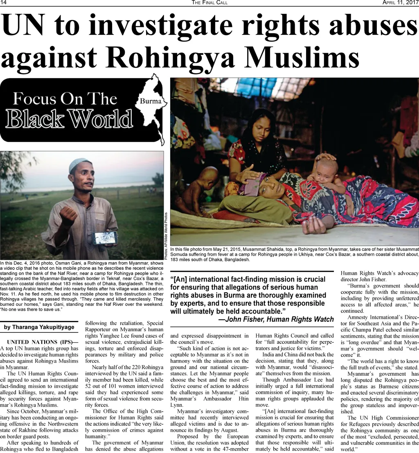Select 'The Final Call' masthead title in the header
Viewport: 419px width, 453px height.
coord(209,3)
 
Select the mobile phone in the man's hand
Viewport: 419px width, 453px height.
coord(105,238)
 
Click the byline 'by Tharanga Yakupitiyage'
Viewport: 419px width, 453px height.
coord(39,327)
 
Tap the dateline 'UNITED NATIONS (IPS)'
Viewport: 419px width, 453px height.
coord(39,342)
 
